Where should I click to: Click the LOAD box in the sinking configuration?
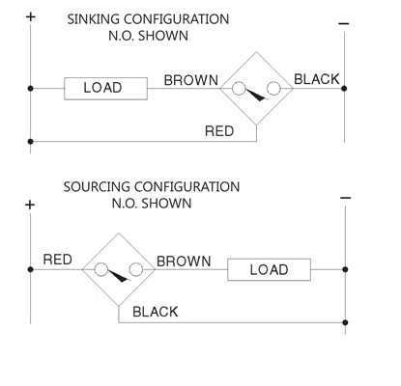pyautogui.click(x=105, y=89)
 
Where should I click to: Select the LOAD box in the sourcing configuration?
pyautogui.click(x=269, y=269)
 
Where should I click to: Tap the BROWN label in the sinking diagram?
pyautogui.click(x=191, y=80)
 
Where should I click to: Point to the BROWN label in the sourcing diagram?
pyautogui.click(x=184, y=262)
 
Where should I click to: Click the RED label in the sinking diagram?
pyautogui.click(x=219, y=131)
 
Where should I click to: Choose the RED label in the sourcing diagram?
pyautogui.click(x=58, y=260)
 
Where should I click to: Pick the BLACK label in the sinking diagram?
pyautogui.click(x=317, y=79)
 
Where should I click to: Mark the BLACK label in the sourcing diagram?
pyautogui.click(x=156, y=312)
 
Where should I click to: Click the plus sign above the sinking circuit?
pyautogui.click(x=30, y=16)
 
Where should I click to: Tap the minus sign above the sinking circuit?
pyautogui.click(x=344, y=23)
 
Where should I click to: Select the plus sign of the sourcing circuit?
pyautogui.click(x=30, y=205)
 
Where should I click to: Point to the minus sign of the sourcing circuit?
pyautogui.click(x=345, y=198)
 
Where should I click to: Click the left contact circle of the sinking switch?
pyautogui.click(x=239, y=89)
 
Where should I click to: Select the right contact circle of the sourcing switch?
pyautogui.click(x=136, y=269)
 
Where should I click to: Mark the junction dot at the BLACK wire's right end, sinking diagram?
pyautogui.click(x=344, y=88)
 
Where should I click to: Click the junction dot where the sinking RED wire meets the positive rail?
pyautogui.click(x=30, y=141)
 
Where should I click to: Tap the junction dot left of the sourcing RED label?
pyautogui.click(x=30, y=269)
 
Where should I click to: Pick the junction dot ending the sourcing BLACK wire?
pyautogui.click(x=345, y=322)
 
